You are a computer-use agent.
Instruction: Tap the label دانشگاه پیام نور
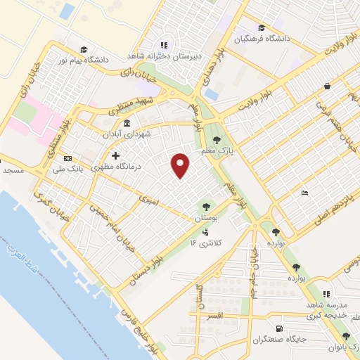[x=108, y=60]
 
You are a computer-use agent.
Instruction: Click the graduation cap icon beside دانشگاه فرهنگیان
[x=262, y=28]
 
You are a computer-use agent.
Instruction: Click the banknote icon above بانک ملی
[x=67, y=158]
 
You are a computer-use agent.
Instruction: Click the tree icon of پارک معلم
[x=226, y=140]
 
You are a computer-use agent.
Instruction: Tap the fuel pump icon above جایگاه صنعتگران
[x=281, y=328]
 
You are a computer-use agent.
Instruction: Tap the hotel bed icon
[x=304, y=193]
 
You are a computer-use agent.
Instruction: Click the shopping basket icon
[x=328, y=86]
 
